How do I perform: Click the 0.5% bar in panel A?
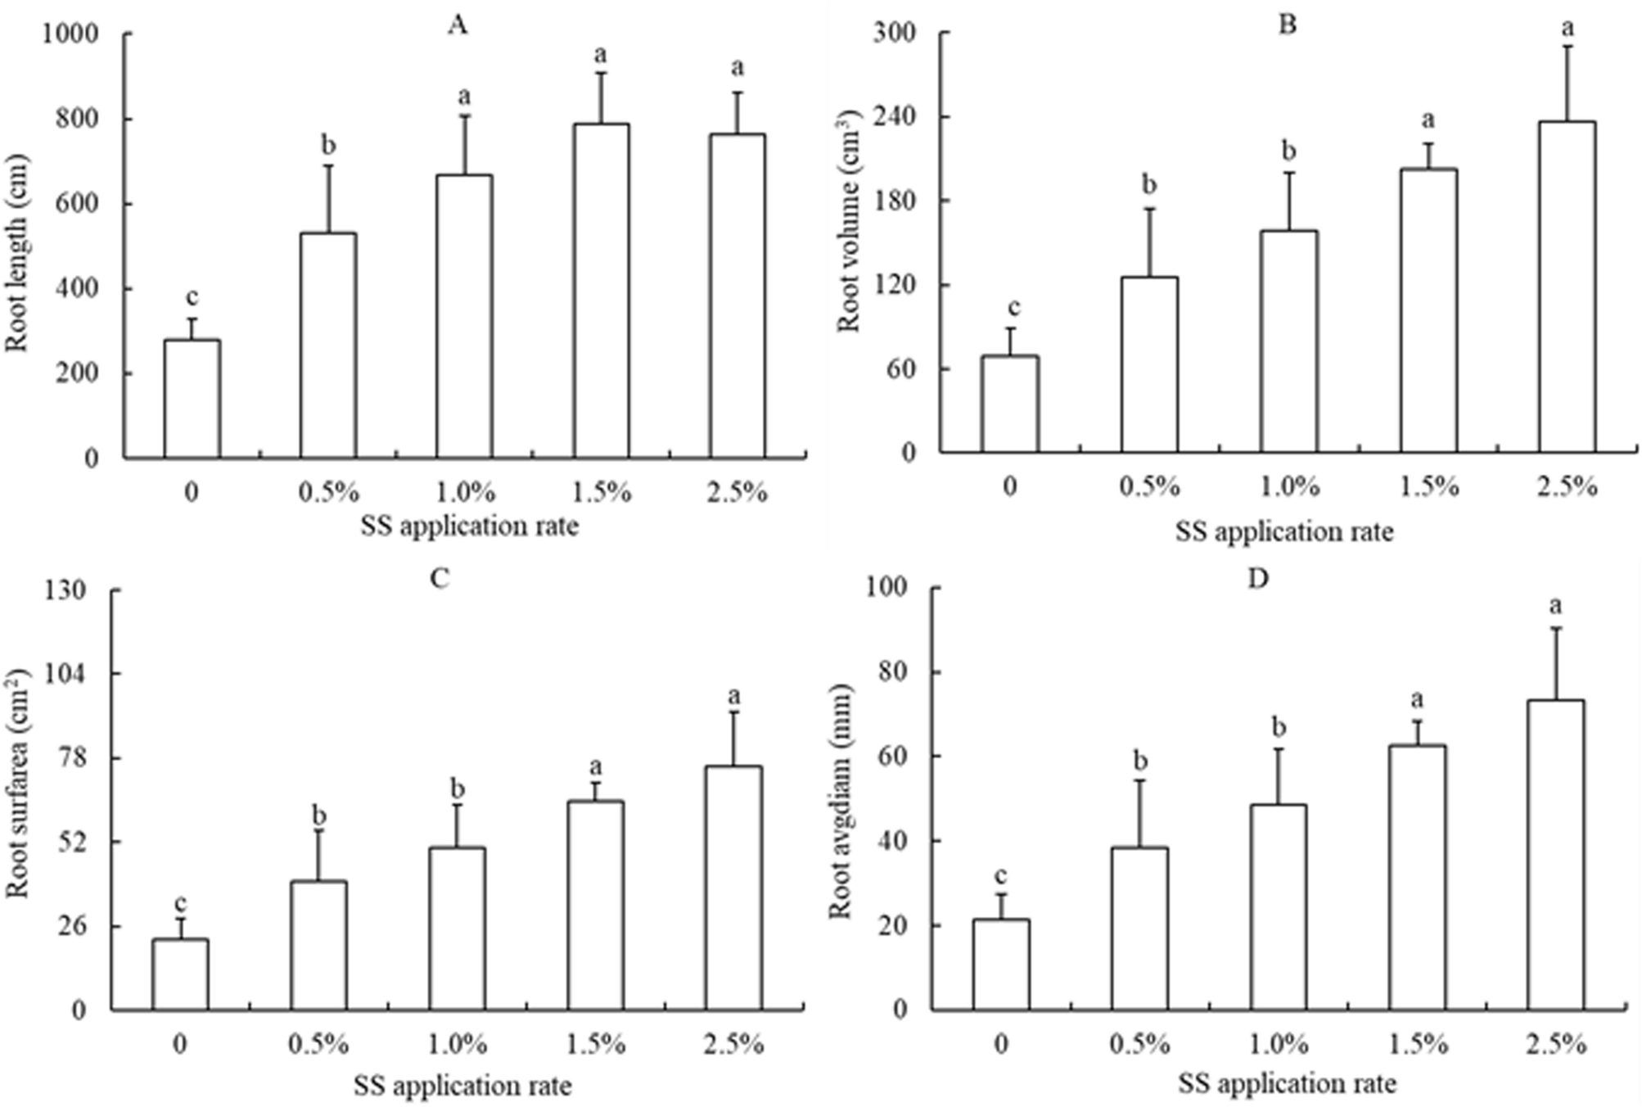pyautogui.click(x=328, y=346)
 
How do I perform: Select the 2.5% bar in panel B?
pyautogui.click(x=1567, y=287)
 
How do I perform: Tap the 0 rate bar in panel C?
pyautogui.click(x=180, y=974)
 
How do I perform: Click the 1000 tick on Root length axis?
pyautogui.click(x=75, y=34)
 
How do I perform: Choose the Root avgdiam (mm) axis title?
pyautogui.click(x=841, y=802)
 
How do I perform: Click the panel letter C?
pyautogui.click(x=440, y=579)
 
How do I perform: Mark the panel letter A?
pyautogui.click(x=458, y=25)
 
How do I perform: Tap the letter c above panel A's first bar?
pyautogui.click(x=192, y=296)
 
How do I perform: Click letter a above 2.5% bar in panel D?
pyautogui.click(x=1555, y=606)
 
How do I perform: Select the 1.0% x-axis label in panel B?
pyautogui.click(x=1289, y=487)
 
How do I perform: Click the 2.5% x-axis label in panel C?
pyautogui.click(x=733, y=1045)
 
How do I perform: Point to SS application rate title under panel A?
pyautogui.click(x=469, y=526)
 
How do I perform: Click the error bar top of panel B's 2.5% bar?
pyautogui.click(x=1567, y=46)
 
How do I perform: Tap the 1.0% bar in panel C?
pyautogui.click(x=458, y=929)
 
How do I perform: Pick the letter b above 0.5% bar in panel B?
pyautogui.click(x=1149, y=186)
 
